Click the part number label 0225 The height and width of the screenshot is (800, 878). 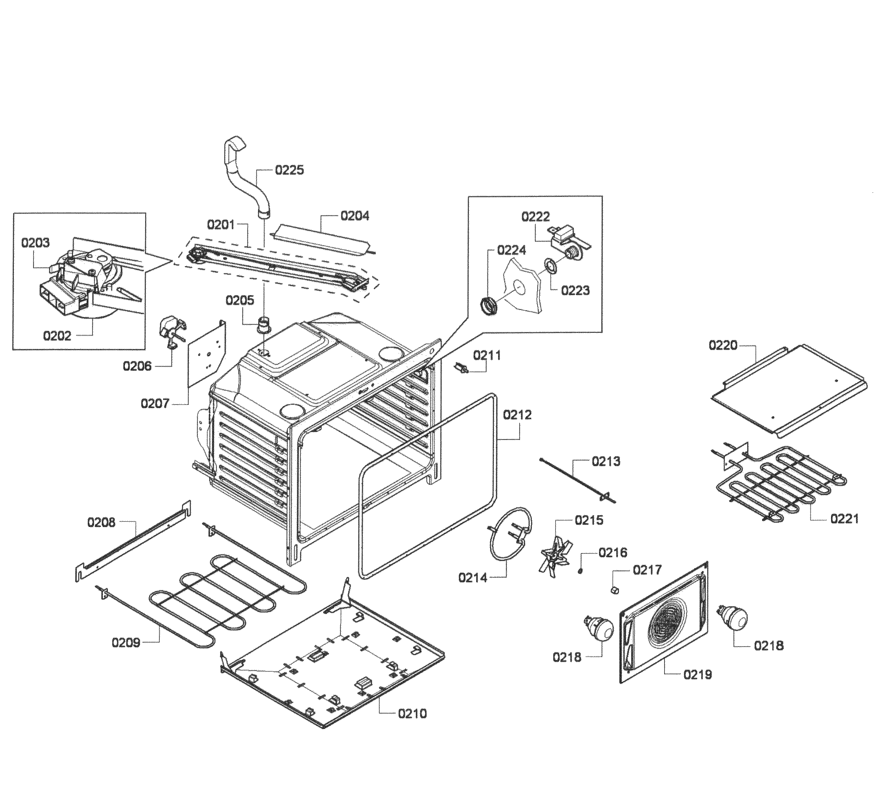(289, 170)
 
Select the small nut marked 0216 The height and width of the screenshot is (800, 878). (581, 571)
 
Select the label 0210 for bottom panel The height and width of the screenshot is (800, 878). (412, 713)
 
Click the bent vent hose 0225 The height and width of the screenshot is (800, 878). (245, 174)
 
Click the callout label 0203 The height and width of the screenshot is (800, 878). (36, 242)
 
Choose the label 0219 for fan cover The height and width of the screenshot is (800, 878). (697, 674)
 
